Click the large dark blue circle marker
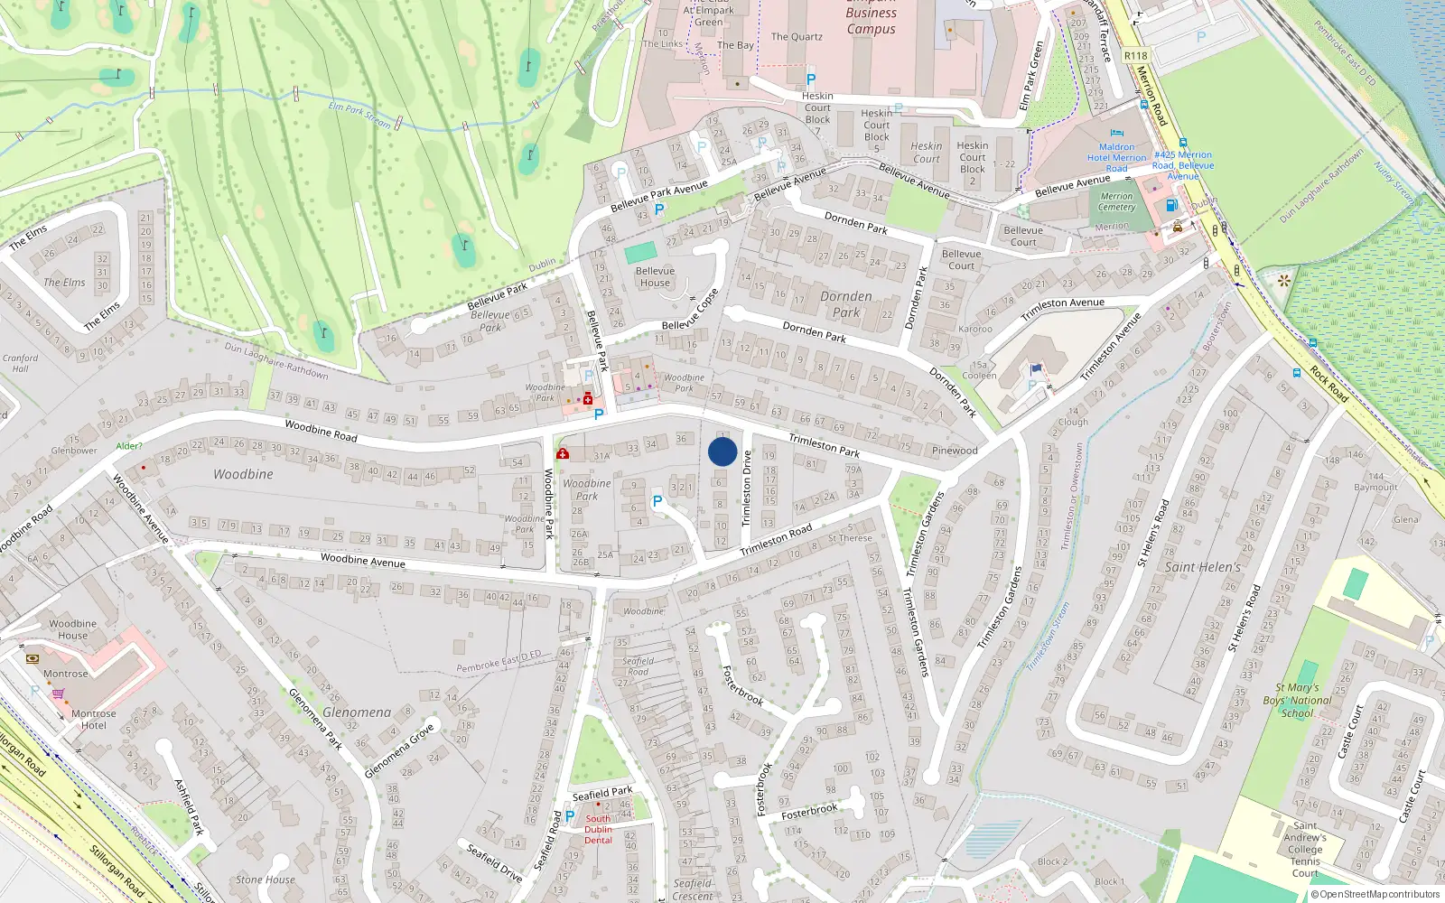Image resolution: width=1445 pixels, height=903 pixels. click(x=722, y=451)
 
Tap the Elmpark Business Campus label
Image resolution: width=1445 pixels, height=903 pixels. click(x=871, y=20)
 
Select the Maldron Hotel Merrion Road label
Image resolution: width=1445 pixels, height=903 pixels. click(x=1116, y=157)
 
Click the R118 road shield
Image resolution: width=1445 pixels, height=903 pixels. click(x=1135, y=56)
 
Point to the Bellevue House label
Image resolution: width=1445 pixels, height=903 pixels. click(x=655, y=276)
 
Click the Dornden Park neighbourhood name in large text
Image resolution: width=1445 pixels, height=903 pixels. click(x=846, y=304)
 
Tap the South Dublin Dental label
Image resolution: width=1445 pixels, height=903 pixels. click(x=598, y=829)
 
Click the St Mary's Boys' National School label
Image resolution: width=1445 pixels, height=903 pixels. click(x=1297, y=700)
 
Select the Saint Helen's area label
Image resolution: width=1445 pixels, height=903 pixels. click(x=1202, y=567)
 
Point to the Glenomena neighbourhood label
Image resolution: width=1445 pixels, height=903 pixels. click(x=357, y=712)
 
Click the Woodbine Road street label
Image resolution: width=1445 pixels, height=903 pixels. click(x=321, y=430)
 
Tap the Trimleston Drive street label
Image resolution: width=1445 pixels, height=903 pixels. click(x=747, y=488)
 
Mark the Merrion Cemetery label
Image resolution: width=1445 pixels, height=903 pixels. click(x=1117, y=201)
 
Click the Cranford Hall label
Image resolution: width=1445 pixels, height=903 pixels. click(x=20, y=363)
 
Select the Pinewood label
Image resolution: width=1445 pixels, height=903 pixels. click(x=955, y=450)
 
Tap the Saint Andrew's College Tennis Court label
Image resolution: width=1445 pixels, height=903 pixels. click(x=1305, y=849)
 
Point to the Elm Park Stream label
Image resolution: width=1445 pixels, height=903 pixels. click(x=359, y=115)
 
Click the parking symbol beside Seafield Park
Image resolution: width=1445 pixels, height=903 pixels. click(x=569, y=815)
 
